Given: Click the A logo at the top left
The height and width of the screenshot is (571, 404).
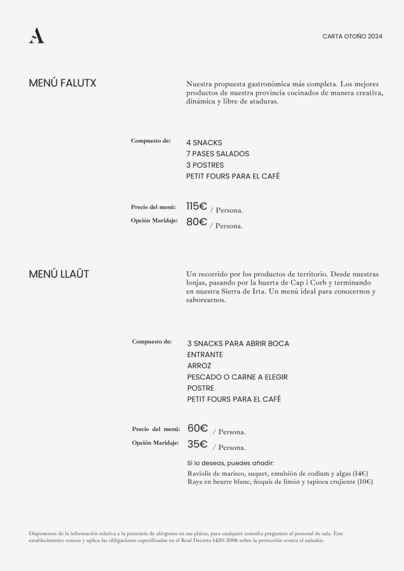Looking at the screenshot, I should (x=36, y=37).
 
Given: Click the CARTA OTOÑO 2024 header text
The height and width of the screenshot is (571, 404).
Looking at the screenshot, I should (x=352, y=37).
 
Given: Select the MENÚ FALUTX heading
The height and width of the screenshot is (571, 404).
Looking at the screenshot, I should (x=62, y=83).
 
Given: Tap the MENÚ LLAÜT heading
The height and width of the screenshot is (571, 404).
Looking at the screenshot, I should (x=59, y=274).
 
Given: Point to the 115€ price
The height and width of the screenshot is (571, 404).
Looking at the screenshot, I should (x=196, y=206).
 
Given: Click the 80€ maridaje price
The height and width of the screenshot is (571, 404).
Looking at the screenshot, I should (x=196, y=221).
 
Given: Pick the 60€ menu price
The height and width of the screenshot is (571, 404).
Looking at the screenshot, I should (x=198, y=428).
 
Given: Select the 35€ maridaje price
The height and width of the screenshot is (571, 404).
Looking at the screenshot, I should (x=198, y=444).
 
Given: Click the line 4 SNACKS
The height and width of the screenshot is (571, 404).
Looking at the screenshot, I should (x=204, y=143).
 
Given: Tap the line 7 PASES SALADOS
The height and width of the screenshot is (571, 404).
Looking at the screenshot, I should (x=217, y=154).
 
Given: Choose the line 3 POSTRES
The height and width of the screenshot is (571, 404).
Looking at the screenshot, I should (x=205, y=165).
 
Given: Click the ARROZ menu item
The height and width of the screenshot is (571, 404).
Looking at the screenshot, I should (x=199, y=366).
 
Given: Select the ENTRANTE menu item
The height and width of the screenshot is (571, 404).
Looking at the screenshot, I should (x=205, y=355).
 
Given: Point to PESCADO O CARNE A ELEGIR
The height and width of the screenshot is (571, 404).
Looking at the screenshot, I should (x=237, y=377).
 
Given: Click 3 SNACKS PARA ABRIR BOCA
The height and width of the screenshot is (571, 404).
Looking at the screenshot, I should (x=238, y=344).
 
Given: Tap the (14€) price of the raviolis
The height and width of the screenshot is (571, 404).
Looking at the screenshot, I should (x=360, y=473).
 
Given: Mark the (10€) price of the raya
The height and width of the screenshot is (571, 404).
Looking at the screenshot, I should (x=364, y=481).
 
